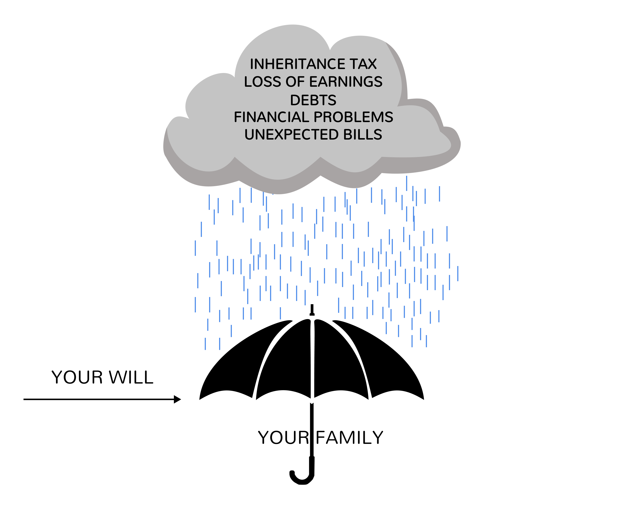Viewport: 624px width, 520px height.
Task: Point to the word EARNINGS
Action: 346,82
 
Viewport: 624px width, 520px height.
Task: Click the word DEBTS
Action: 313,100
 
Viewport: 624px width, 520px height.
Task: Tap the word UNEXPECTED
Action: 291,135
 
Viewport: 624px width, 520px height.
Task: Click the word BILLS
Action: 363,135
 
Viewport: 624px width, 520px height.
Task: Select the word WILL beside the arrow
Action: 131,377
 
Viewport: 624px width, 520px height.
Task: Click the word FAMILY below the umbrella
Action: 349,438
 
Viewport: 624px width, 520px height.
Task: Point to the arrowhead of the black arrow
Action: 177,399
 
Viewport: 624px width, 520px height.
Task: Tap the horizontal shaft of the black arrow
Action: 98,399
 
